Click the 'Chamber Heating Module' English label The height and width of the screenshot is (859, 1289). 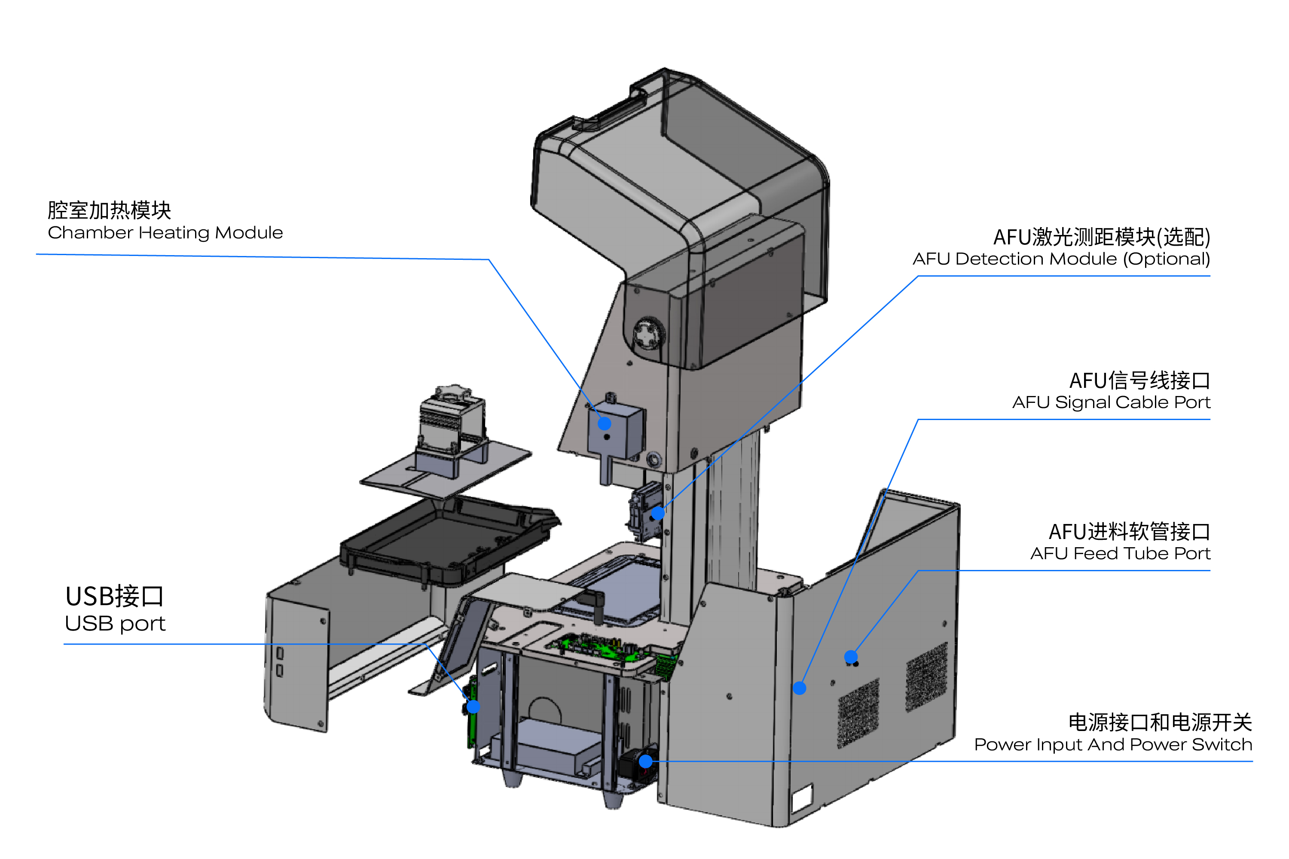click(x=165, y=233)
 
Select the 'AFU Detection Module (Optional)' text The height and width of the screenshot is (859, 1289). click(x=1061, y=259)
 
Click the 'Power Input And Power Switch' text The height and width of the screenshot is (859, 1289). click(x=1113, y=744)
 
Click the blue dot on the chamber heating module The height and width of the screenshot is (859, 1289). click(x=604, y=423)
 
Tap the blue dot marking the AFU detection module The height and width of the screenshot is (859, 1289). click(x=658, y=513)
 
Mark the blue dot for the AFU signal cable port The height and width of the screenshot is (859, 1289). click(x=800, y=688)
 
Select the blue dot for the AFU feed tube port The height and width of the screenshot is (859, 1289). click(x=851, y=656)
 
